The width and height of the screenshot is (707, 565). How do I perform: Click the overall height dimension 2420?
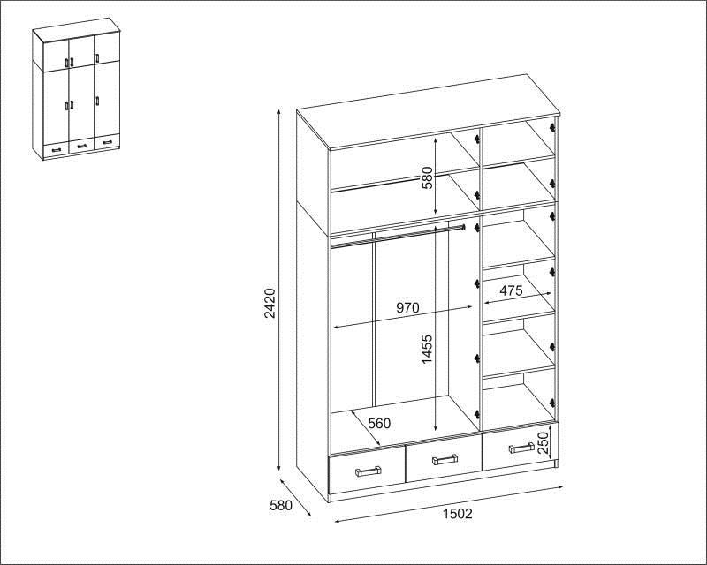(x=270, y=303)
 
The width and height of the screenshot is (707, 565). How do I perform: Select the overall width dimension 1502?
(x=457, y=514)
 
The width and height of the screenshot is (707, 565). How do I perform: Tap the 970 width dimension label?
(x=407, y=308)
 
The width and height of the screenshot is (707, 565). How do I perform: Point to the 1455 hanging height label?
(x=426, y=349)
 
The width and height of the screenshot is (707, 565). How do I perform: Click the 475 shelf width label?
(x=511, y=290)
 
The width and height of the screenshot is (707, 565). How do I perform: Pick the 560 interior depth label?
(x=379, y=423)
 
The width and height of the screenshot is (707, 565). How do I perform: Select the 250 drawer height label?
(x=544, y=442)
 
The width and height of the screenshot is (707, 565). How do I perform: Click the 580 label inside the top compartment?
(x=427, y=177)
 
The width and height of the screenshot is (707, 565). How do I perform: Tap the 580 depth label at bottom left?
(x=281, y=506)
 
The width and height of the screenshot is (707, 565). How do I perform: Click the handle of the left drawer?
(x=369, y=471)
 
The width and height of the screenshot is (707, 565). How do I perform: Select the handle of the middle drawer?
(x=445, y=460)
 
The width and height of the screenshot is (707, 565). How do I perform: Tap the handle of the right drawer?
(x=521, y=448)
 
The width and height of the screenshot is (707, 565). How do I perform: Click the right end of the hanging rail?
(x=463, y=227)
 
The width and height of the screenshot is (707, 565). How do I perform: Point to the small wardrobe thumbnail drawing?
(x=77, y=89)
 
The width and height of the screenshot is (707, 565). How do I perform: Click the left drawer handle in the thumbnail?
(x=57, y=149)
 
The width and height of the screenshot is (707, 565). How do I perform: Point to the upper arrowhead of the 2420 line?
(x=280, y=113)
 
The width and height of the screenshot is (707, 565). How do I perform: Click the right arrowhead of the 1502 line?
(x=560, y=487)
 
